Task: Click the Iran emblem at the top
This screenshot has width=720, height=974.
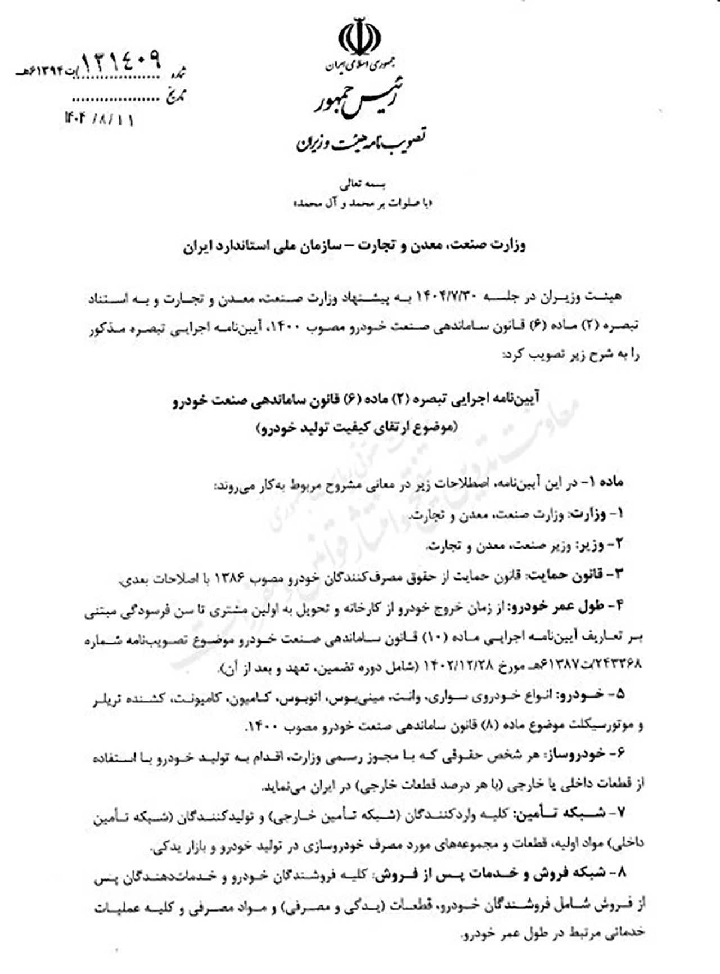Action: tap(359, 38)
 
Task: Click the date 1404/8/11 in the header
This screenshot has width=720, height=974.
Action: tap(100, 119)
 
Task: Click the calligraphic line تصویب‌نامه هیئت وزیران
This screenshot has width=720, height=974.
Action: tap(361, 140)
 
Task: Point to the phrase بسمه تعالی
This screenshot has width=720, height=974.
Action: tap(360, 185)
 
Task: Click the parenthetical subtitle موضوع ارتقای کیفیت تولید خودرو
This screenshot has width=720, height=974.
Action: tap(357, 428)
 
